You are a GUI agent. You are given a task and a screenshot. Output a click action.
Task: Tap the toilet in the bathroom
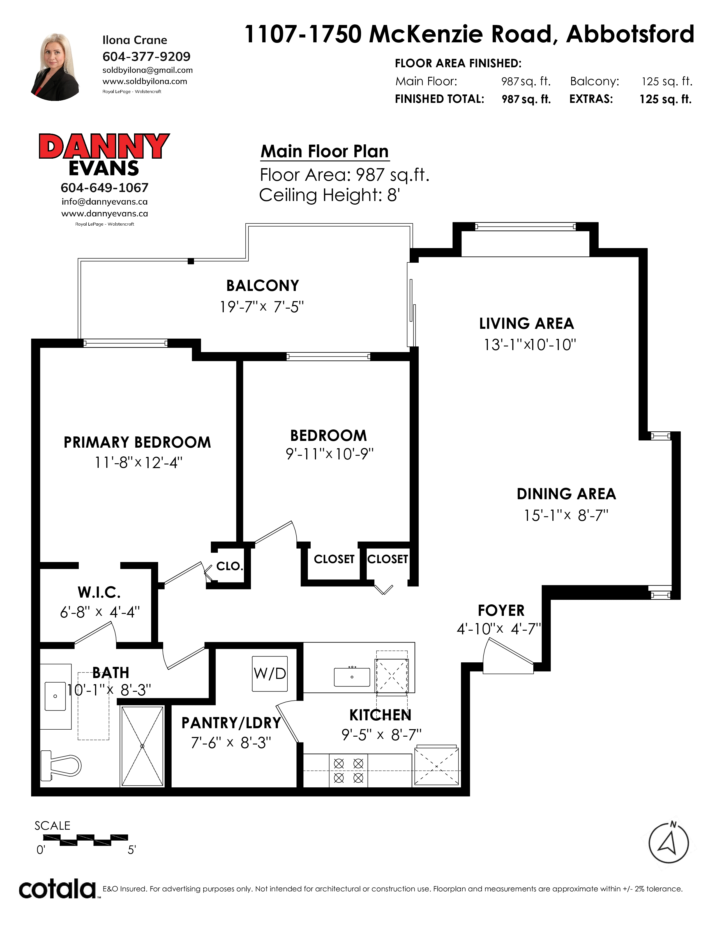click(61, 766)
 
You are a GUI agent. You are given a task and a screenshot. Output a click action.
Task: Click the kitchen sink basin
click(352, 677)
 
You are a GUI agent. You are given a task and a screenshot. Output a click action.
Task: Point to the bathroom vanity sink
click(56, 696)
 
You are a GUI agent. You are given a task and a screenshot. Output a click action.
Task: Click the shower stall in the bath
click(142, 746)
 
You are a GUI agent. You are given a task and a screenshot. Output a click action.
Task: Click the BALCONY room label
click(263, 286)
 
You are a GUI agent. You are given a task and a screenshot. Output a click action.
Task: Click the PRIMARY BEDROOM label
click(137, 442)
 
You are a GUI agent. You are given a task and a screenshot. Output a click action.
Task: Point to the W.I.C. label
click(99, 592)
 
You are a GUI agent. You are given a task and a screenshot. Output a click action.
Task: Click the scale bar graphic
click(86, 839)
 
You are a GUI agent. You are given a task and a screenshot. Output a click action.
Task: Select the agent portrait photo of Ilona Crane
click(55, 67)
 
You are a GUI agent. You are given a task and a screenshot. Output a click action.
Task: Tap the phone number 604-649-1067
click(105, 188)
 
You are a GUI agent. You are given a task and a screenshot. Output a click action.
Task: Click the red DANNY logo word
click(104, 146)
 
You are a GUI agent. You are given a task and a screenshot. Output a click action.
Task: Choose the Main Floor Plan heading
click(324, 151)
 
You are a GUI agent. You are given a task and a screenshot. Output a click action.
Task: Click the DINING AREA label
click(566, 494)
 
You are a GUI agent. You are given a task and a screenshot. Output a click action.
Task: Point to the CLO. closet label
click(230, 566)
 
